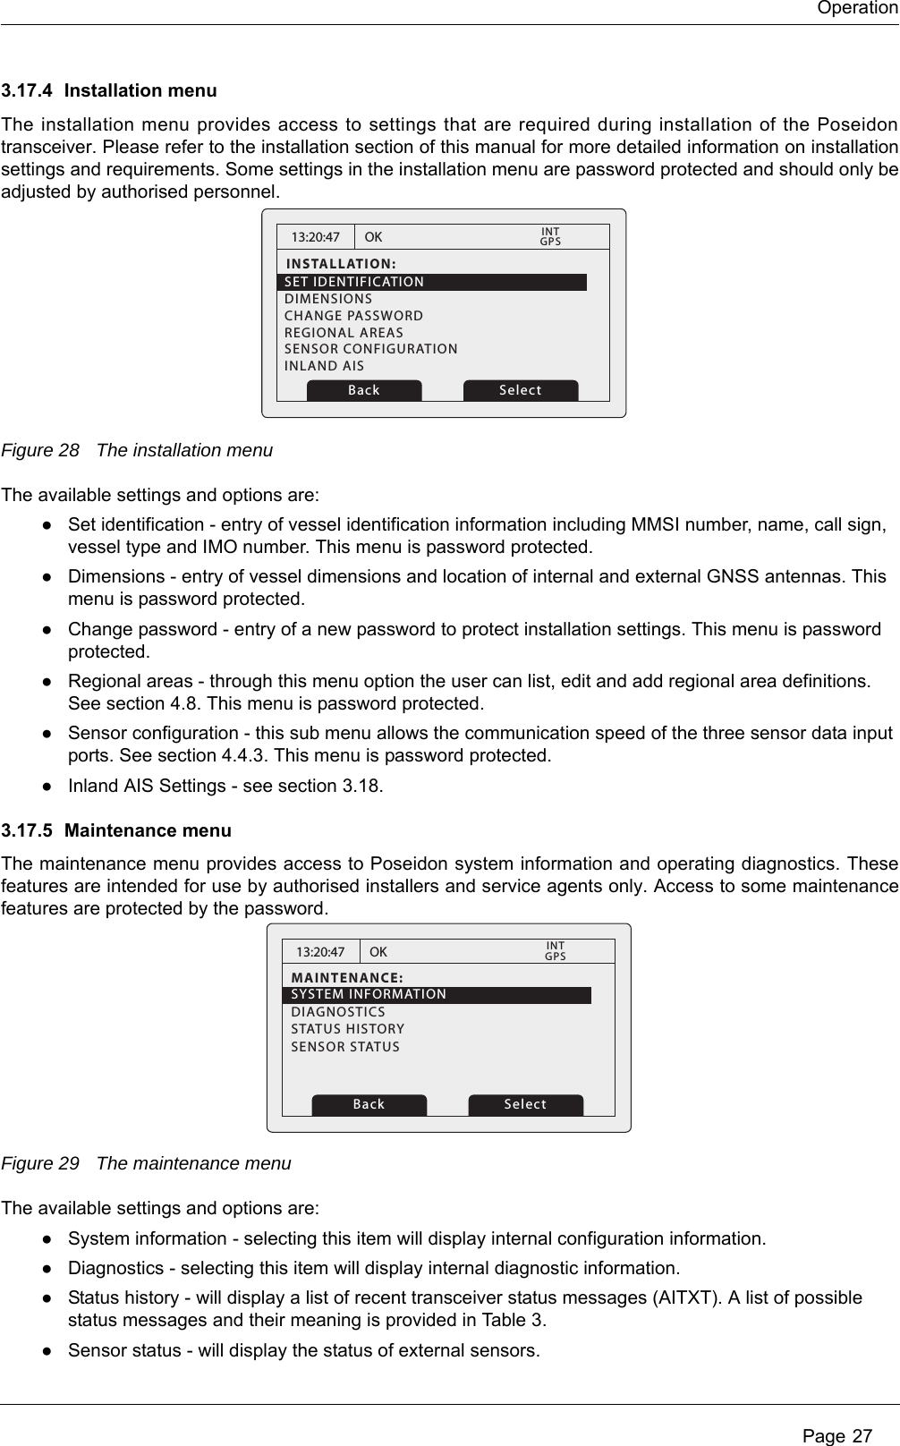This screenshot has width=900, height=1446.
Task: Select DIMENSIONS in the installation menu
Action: tap(328, 299)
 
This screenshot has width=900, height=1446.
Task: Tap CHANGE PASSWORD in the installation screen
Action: tap(353, 316)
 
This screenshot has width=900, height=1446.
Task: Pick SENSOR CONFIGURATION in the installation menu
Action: tap(370, 349)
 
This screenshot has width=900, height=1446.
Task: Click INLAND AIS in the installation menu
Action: tap(324, 366)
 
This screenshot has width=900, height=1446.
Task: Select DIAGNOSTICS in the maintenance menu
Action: tap(338, 1013)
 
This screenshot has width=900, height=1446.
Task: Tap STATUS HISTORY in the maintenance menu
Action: tap(347, 1030)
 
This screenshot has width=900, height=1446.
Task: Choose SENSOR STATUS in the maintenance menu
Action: tap(345, 1047)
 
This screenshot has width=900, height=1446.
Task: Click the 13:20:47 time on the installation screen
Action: tap(316, 238)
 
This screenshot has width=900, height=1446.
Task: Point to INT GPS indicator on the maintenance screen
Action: tap(556, 951)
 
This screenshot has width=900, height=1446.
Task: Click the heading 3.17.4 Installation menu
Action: tap(109, 91)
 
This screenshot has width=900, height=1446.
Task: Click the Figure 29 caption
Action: tap(147, 1164)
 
